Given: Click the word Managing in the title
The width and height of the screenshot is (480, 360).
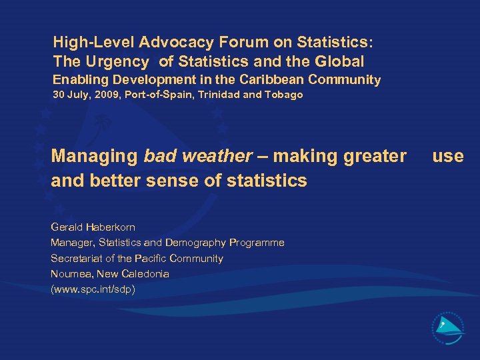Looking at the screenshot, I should pos(94,157).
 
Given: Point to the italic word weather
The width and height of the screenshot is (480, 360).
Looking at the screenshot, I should pos(217,157).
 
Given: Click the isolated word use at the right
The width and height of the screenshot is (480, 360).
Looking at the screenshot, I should pos(447,157).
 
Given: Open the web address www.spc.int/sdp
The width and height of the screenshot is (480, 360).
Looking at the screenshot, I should pos(93,289).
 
